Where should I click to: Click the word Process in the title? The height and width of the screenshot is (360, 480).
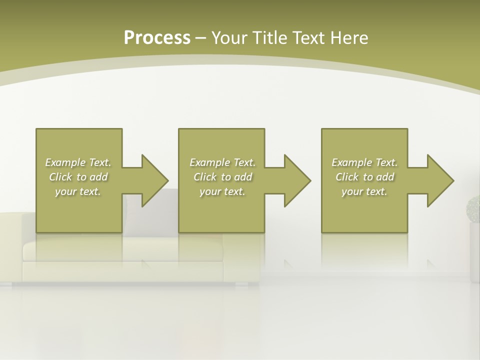[x=157, y=38]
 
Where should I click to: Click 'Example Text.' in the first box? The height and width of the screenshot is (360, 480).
[x=78, y=162]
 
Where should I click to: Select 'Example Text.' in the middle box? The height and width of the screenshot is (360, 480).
[x=222, y=162]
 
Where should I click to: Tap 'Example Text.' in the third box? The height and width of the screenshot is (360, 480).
[x=364, y=162]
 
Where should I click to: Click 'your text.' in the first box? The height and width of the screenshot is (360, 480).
[x=78, y=191]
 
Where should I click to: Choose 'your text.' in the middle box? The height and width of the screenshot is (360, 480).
[x=222, y=191]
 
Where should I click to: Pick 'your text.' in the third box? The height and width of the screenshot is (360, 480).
[x=364, y=191]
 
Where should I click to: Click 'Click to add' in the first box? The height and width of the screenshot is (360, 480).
[x=78, y=177]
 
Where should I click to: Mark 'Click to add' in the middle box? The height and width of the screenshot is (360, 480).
[x=222, y=177]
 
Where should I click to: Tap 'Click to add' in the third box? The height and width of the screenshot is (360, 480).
[x=364, y=177]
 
